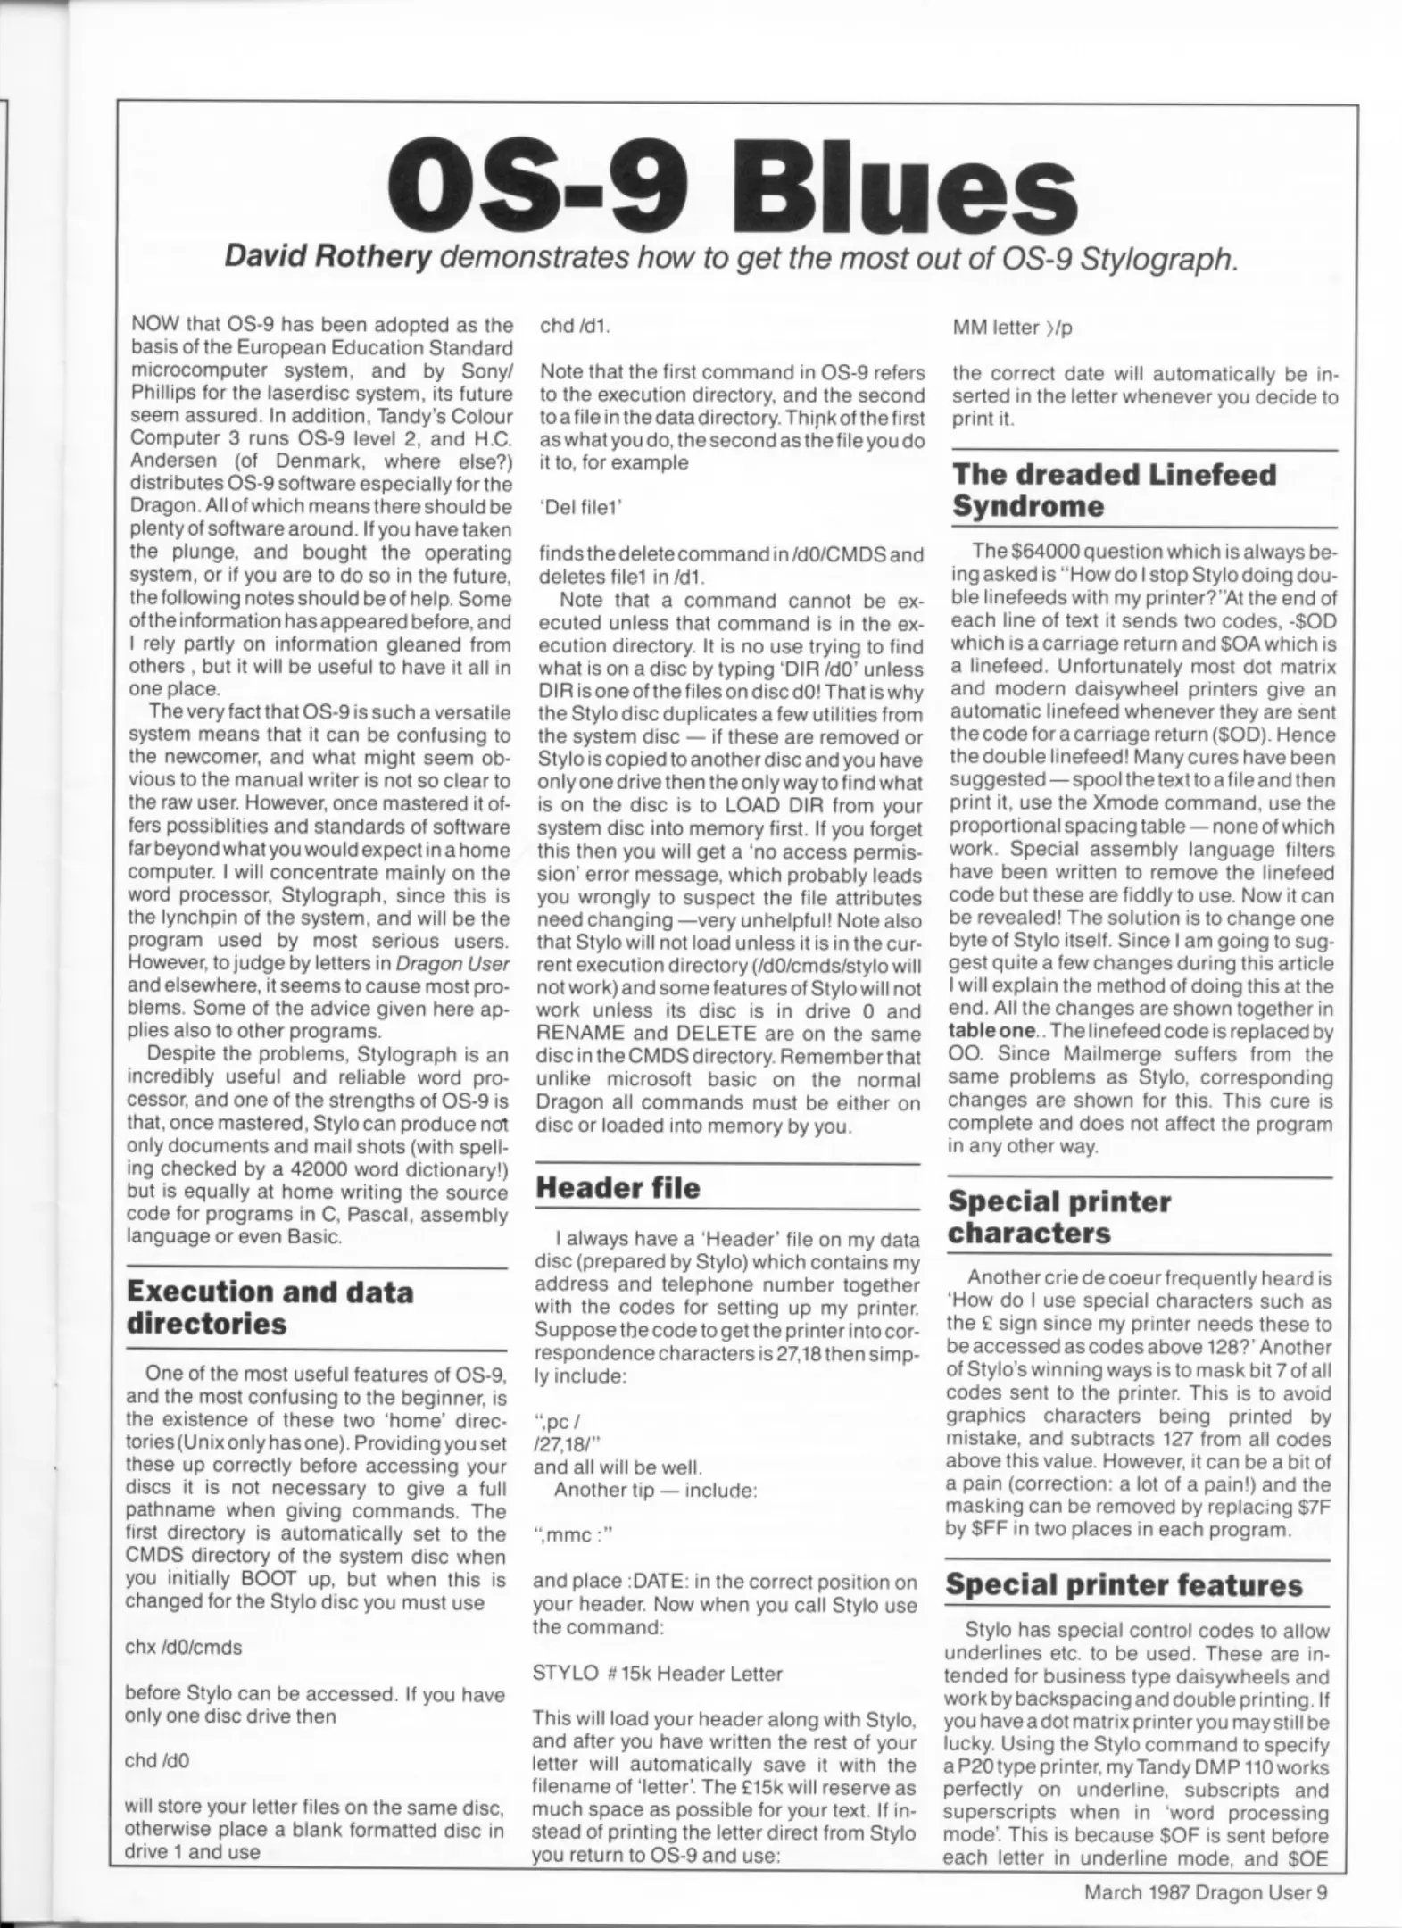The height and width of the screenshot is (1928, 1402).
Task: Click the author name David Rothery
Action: tap(328, 257)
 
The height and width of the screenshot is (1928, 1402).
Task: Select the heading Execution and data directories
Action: tap(270, 1308)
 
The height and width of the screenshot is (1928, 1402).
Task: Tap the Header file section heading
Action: tap(618, 1188)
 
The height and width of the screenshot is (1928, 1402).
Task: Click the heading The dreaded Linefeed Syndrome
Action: tap(1114, 490)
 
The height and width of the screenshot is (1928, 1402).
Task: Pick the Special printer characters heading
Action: tap(1058, 1217)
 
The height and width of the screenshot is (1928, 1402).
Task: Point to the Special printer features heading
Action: tap(1124, 1585)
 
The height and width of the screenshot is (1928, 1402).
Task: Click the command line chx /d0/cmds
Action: tap(183, 1648)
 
